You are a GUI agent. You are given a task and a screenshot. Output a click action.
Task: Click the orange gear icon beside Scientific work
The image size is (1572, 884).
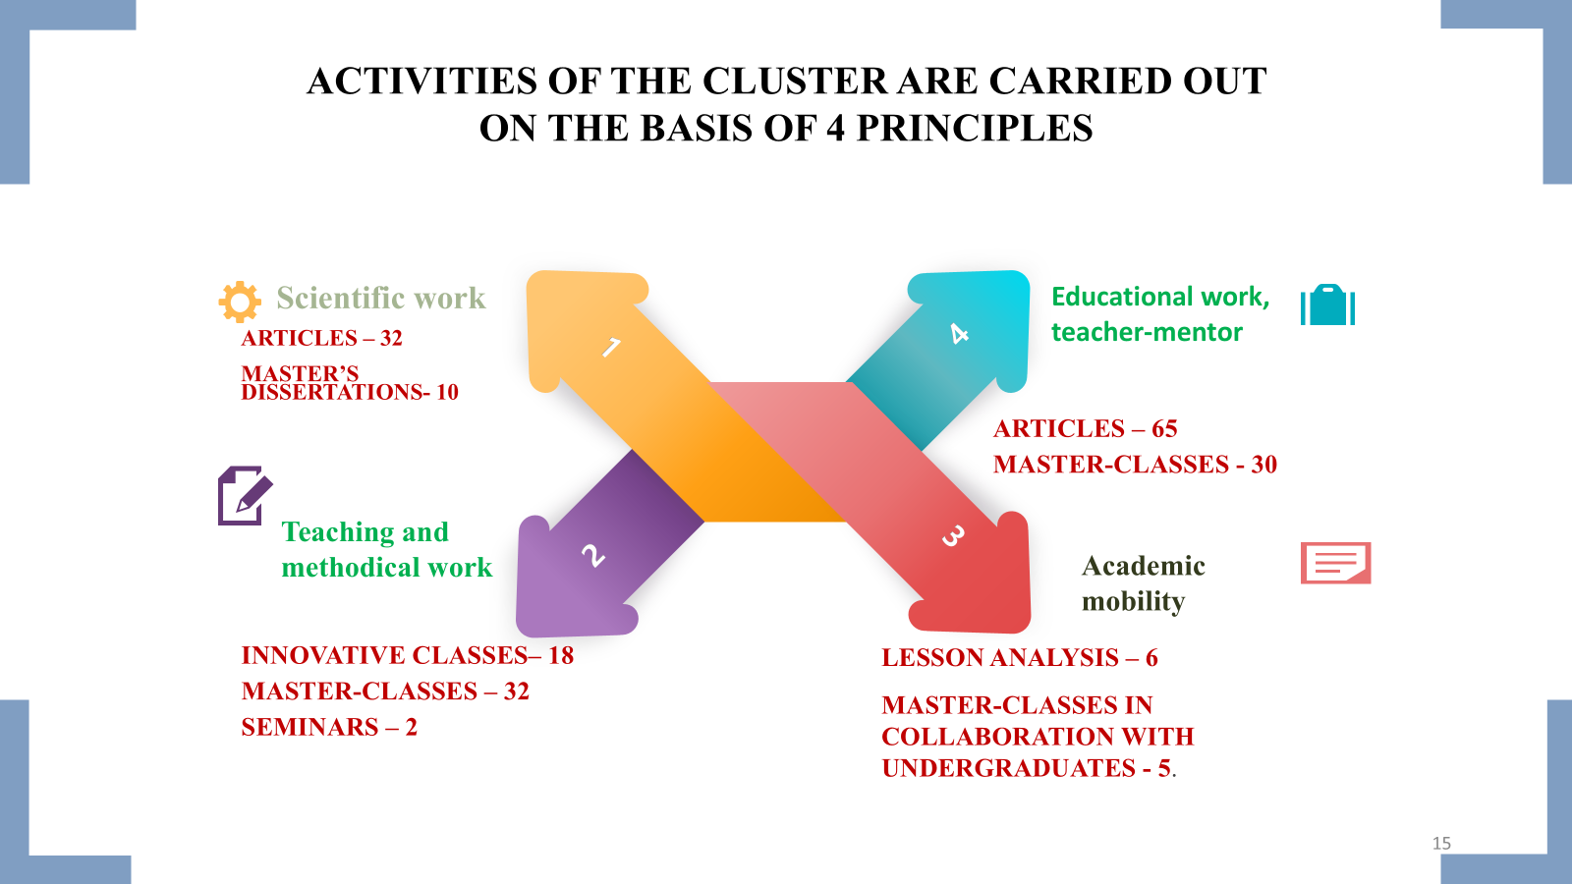tap(240, 302)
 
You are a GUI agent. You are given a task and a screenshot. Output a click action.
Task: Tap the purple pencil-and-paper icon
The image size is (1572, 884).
tap(244, 496)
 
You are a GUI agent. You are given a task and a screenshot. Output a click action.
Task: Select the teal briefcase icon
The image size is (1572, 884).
tap(1327, 305)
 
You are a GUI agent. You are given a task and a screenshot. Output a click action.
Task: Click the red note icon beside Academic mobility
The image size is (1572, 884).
tap(1335, 563)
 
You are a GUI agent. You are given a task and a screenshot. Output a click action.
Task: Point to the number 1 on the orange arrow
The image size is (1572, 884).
tap(611, 347)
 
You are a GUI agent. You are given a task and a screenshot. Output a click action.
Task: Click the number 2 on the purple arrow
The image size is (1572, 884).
tap(592, 556)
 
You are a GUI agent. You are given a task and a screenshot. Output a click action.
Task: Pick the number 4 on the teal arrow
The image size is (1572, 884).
tap(960, 334)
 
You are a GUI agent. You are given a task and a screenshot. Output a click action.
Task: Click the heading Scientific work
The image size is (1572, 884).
tap(381, 298)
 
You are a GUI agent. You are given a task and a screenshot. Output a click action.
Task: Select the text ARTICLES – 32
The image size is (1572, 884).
tap(321, 338)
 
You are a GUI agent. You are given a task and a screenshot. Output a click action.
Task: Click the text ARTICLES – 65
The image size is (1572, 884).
tap(1085, 428)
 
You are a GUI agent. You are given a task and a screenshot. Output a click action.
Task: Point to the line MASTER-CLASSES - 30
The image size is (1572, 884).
tap(1135, 464)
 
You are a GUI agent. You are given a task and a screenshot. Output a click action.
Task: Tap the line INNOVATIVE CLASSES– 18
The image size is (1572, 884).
tap(407, 655)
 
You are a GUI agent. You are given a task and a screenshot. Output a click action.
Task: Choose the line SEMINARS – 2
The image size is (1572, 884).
tap(329, 727)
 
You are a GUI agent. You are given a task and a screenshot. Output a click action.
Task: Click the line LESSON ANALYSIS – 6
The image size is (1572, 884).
tap(1019, 657)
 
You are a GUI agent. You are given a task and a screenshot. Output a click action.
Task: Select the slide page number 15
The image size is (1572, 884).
tap(1441, 843)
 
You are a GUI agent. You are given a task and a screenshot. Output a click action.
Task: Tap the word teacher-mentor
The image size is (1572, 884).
tap(1147, 332)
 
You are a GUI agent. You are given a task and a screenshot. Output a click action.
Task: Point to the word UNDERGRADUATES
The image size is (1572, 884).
tap(1008, 768)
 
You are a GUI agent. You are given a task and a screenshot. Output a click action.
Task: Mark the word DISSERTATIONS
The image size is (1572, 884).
tap(332, 392)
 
